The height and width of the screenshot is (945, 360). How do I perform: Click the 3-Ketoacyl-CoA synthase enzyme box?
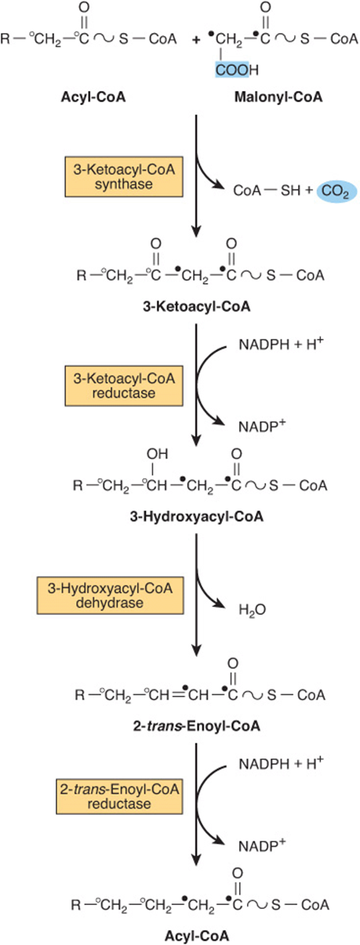(x=124, y=176)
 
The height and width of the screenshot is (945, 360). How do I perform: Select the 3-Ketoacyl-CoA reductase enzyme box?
(x=124, y=386)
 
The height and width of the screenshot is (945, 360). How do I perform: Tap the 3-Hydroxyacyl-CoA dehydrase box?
(x=110, y=595)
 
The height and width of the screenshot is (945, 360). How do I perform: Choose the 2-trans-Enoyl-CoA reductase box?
(x=119, y=796)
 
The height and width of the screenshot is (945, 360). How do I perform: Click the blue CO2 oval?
(x=335, y=191)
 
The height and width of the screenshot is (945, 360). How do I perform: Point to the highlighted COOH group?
(x=231, y=70)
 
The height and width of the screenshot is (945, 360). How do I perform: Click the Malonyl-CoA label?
(x=278, y=97)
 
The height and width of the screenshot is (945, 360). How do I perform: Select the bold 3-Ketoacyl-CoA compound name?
(x=196, y=307)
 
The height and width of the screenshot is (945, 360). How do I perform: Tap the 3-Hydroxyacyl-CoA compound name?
(x=196, y=516)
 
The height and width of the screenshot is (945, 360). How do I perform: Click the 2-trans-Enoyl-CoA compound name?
(x=196, y=725)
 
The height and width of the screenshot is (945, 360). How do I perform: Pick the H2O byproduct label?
(x=252, y=610)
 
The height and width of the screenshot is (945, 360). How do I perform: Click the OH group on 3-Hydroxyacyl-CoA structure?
(x=157, y=454)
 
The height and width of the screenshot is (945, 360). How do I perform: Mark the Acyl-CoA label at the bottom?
(x=196, y=936)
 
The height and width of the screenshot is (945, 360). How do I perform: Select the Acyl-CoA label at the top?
(x=93, y=97)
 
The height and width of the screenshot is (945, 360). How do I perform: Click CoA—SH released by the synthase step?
(x=267, y=191)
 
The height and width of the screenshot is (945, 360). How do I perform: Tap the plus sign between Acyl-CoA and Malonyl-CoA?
(x=196, y=40)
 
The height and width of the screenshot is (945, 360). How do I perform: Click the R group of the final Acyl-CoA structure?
(x=76, y=904)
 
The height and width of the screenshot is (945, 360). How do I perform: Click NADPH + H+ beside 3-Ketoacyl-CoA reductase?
(x=281, y=344)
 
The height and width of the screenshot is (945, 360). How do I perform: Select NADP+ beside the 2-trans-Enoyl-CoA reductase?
(x=262, y=845)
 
